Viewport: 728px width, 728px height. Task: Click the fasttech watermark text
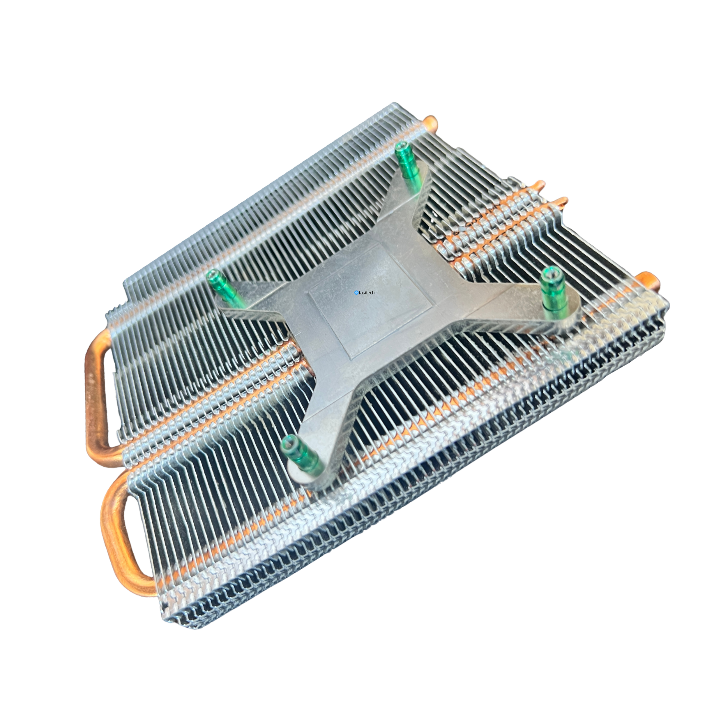367,292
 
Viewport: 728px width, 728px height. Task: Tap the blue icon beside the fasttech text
356,292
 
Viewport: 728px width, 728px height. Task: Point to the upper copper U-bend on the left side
97,392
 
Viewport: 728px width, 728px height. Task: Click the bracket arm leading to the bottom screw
332,422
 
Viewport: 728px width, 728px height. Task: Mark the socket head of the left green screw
213,277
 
